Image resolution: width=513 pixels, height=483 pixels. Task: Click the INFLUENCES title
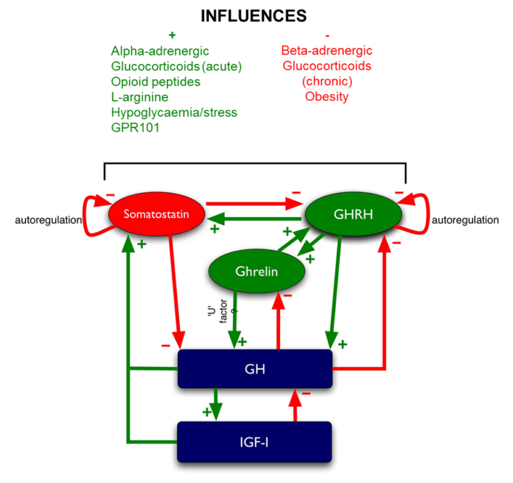click(254, 16)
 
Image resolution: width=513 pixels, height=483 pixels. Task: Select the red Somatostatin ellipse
click(156, 214)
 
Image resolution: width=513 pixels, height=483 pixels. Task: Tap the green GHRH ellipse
click(353, 214)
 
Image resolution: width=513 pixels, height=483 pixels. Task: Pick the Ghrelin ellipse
click(256, 271)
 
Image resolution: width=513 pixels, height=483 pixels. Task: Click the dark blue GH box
click(255, 369)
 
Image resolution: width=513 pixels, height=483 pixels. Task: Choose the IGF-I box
click(254, 442)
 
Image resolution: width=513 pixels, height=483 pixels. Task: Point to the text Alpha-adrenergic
click(160, 51)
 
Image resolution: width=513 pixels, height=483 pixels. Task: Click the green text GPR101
click(135, 128)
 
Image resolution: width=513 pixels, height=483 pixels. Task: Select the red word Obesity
click(327, 97)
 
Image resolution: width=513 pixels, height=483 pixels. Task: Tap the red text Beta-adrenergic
click(327, 51)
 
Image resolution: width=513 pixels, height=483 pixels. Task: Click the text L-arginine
click(140, 97)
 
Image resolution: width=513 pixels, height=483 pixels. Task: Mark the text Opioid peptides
click(156, 82)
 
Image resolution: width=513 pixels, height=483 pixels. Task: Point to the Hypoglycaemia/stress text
click(174, 113)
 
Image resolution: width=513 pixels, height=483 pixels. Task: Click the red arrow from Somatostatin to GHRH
click(254, 204)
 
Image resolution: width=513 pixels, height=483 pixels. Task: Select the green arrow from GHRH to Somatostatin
click(254, 218)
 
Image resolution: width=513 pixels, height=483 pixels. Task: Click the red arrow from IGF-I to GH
click(295, 405)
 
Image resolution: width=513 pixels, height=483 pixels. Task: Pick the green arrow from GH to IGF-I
click(215, 405)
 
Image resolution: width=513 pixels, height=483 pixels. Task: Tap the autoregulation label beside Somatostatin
click(48, 220)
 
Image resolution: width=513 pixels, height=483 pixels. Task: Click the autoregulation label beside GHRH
click(465, 220)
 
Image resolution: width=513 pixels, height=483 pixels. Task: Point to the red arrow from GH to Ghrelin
click(279, 320)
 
